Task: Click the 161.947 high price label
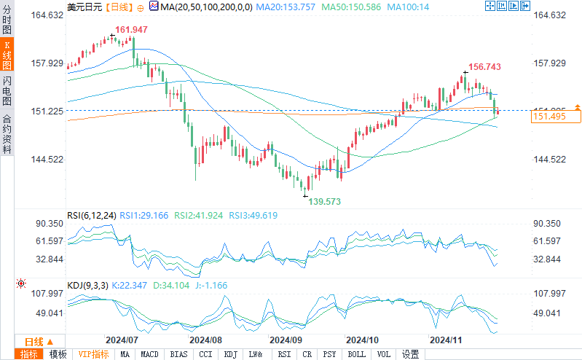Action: (x=131, y=31)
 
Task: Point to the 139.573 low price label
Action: (x=324, y=200)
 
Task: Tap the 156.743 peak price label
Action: (x=484, y=66)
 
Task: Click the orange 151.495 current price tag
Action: (x=551, y=116)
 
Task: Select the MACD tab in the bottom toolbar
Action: (x=149, y=354)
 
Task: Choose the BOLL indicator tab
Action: (x=357, y=354)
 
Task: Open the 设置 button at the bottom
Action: (x=411, y=354)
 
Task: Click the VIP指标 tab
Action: (x=95, y=354)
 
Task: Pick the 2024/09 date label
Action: (x=286, y=340)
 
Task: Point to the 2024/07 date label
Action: (x=122, y=340)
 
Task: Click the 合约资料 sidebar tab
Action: (x=7, y=134)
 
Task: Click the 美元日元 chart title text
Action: (x=84, y=7)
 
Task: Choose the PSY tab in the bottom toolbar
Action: (x=330, y=354)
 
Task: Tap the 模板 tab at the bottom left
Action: (x=58, y=354)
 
